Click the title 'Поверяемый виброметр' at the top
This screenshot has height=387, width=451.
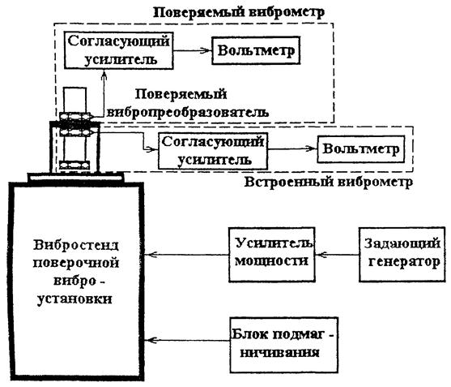coord(239,12)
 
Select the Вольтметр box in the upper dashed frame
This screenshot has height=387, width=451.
coord(256,50)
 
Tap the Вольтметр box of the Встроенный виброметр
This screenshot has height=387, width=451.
coord(361,149)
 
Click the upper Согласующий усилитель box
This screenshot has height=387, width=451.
coord(119,50)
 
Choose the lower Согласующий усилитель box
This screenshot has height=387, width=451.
coord(213,151)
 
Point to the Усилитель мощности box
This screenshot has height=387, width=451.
coord(272,255)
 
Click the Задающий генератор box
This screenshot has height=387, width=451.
coord(402,255)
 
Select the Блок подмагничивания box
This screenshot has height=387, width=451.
coord(283,345)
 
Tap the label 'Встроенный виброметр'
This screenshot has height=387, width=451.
coord(329,182)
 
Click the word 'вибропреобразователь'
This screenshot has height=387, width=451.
coord(188,112)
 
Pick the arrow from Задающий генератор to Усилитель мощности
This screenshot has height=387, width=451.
coord(337,255)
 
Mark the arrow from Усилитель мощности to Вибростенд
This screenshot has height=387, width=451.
coord(186,255)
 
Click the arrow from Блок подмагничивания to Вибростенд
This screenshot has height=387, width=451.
coord(187,340)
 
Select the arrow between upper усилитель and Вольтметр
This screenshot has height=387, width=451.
coord(193,51)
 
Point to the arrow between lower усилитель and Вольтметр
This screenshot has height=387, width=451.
coord(292,148)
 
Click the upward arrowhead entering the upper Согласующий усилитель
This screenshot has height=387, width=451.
coord(104,75)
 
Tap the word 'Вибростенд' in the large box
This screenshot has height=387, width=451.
coord(76,245)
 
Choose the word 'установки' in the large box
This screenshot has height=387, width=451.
coord(74,299)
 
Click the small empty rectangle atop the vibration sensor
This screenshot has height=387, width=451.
coord(74,100)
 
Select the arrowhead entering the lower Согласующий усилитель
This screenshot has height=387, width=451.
coord(152,149)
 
